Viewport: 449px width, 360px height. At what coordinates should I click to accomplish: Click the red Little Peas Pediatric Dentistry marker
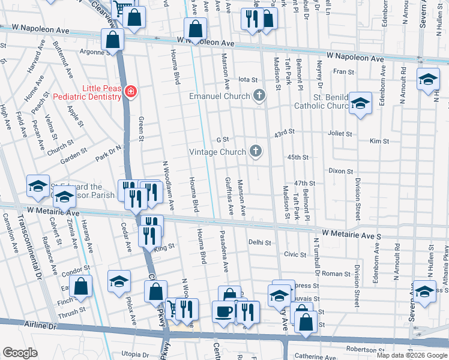pos(130,92)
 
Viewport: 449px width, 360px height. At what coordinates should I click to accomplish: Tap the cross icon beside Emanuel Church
pos(259,96)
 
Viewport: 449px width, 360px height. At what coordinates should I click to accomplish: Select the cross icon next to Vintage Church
pos(256,151)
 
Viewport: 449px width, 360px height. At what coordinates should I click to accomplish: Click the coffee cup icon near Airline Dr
pos(224,312)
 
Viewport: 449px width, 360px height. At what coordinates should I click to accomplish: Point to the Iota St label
pos(248,79)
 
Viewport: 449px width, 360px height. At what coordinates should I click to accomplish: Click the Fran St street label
pos(344,71)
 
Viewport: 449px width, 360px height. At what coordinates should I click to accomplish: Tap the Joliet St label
pos(339,133)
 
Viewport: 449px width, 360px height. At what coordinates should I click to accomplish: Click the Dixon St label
pos(340,171)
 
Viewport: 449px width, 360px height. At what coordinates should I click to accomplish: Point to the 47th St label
pos(304,183)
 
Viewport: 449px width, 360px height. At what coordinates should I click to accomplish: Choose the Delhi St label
pos(260,242)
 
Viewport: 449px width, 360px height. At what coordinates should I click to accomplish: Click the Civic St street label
pos(295,254)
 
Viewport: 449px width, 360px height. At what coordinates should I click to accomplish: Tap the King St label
pos(164,246)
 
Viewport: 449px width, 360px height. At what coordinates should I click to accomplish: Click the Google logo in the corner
pos(19,353)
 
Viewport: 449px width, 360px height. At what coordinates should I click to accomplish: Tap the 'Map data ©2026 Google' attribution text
pos(411,355)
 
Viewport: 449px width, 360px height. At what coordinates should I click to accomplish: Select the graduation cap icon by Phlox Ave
pos(119,281)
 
